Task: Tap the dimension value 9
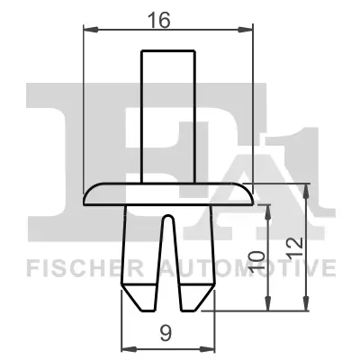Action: point(166,333)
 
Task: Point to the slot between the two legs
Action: point(167,261)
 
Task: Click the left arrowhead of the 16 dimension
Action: point(87,31)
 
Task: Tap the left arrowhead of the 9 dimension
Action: point(125,348)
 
